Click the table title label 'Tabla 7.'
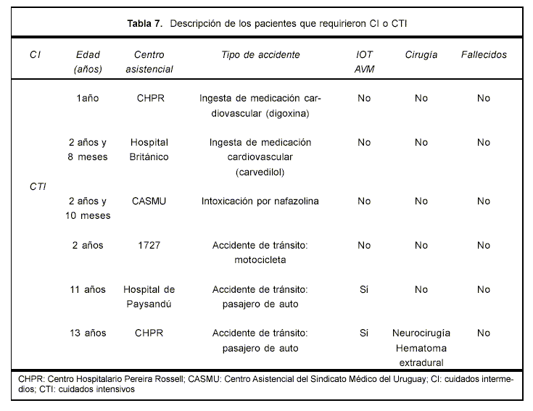[145, 22]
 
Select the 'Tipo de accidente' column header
[260, 55]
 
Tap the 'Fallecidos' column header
[484, 55]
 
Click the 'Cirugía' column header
[421, 55]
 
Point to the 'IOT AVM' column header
[365, 62]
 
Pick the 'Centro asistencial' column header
[149, 62]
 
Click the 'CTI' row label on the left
[38, 186]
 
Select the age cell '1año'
[88, 99]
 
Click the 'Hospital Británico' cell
[149, 150]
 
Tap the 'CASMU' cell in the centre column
[149, 201]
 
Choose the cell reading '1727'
[149, 245]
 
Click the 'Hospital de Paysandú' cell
[149, 296]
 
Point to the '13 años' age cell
[88, 333]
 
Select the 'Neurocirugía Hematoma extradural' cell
[421, 348]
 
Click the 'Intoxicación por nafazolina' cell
[260, 201]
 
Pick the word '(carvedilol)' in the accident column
[260, 172]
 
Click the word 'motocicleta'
[260, 260]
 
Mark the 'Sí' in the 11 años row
[364, 289]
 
